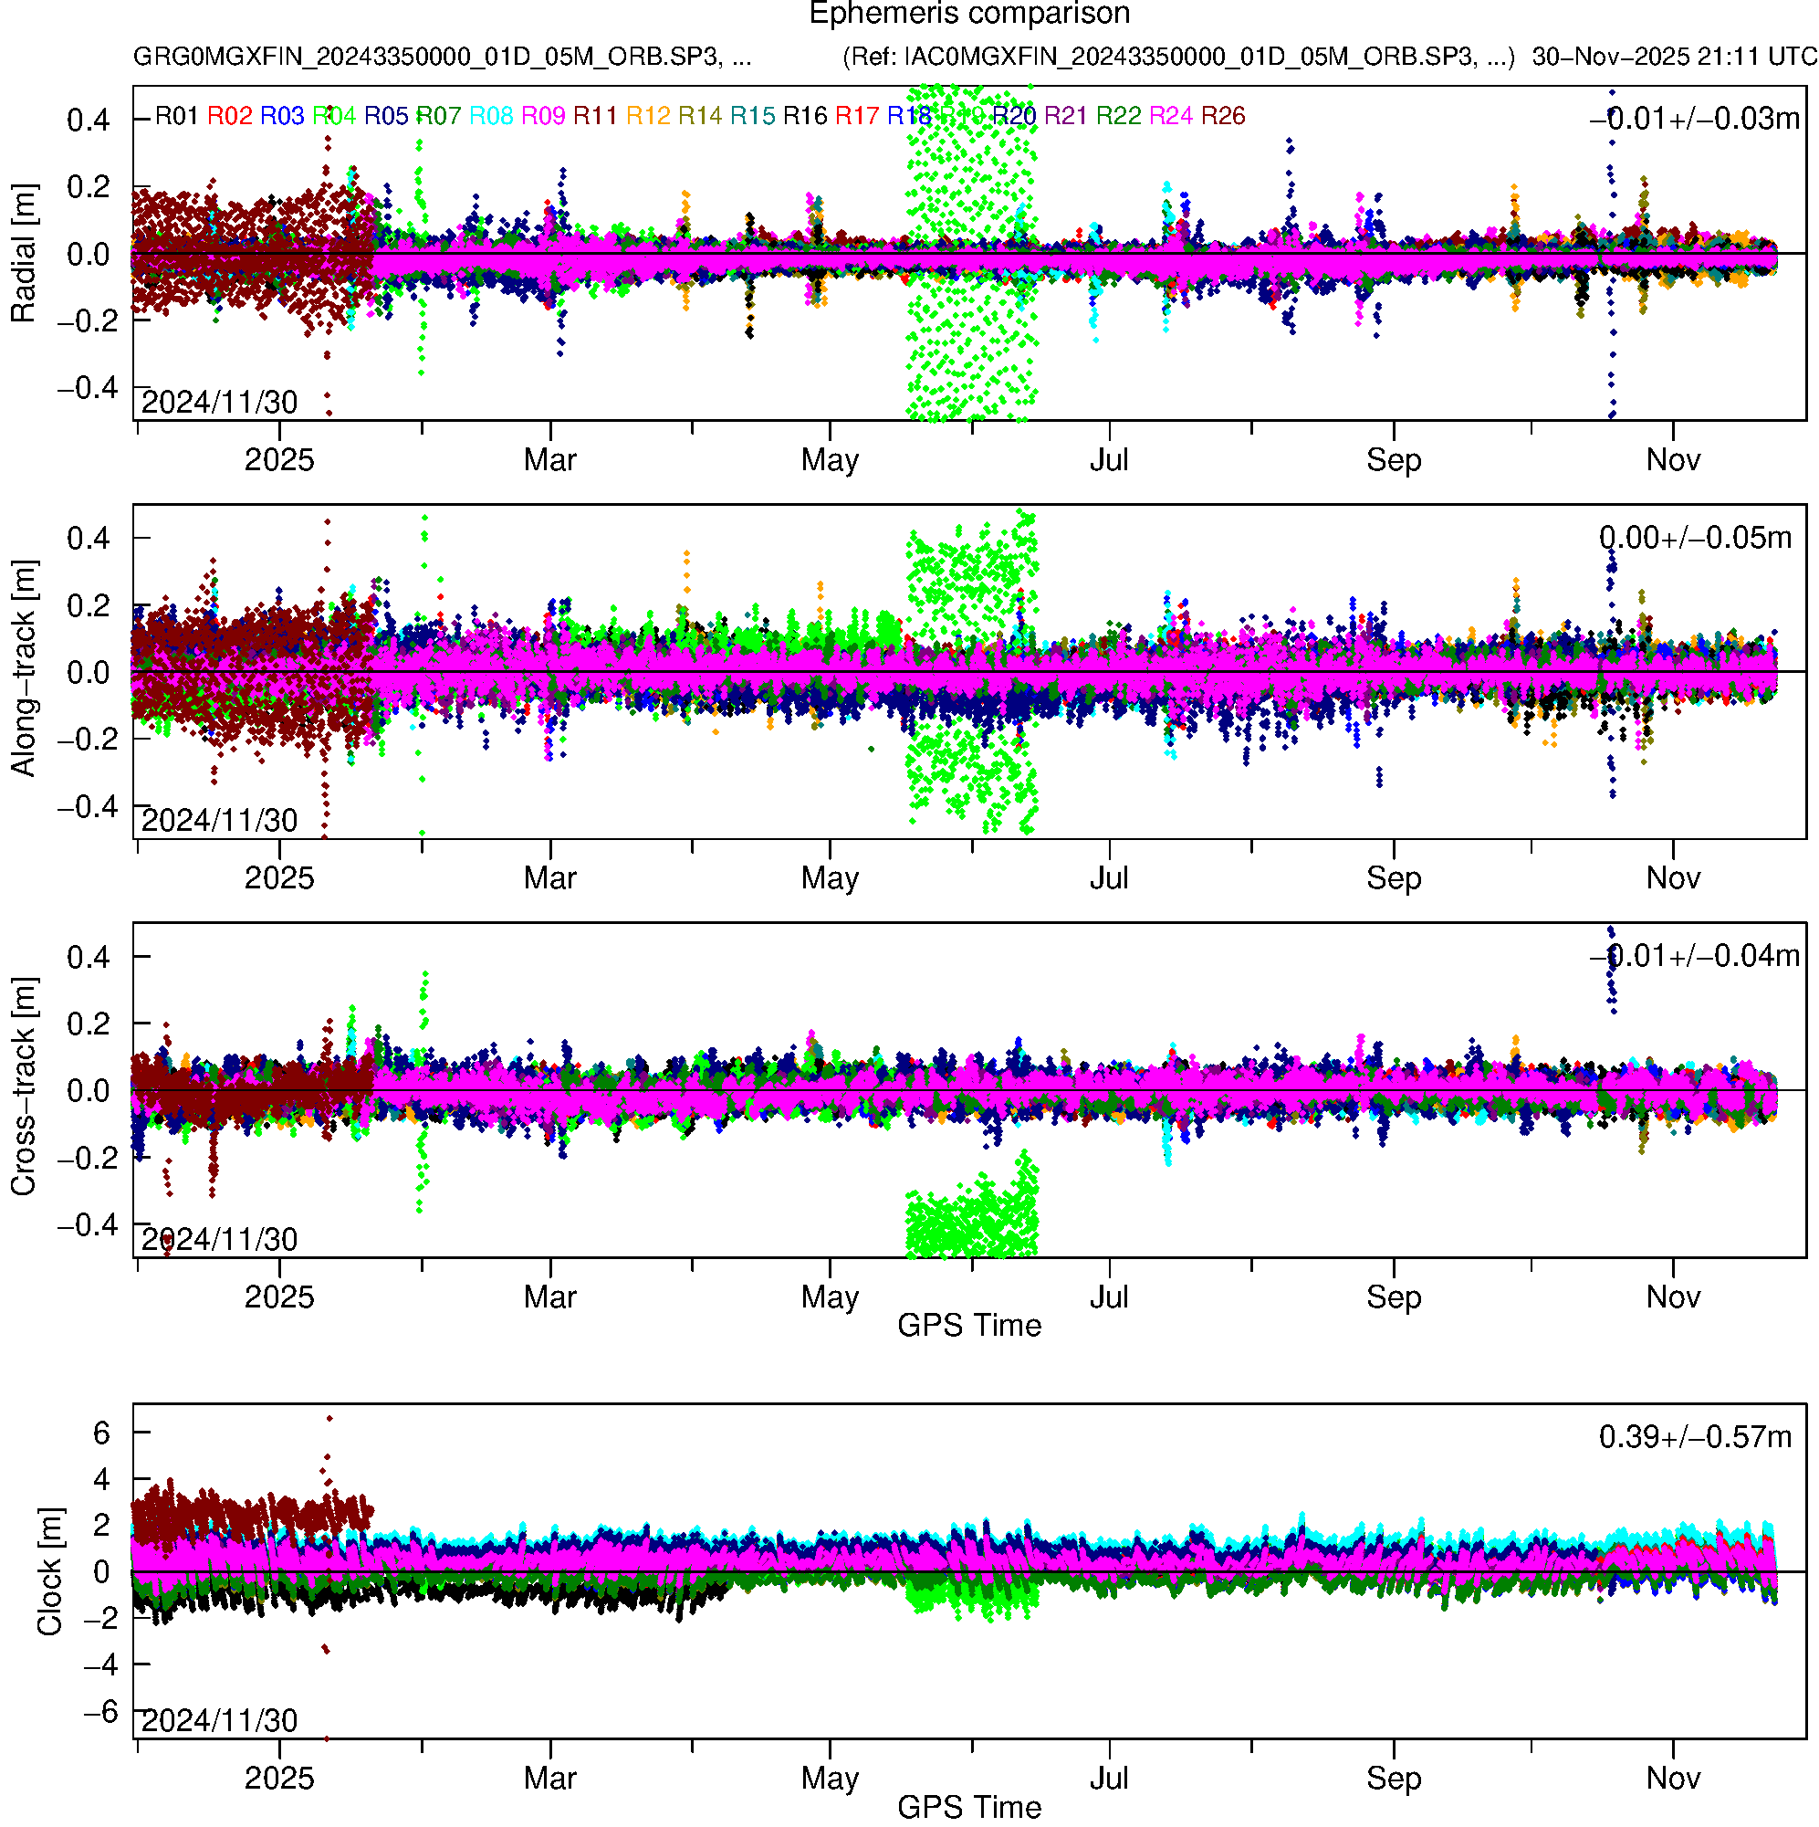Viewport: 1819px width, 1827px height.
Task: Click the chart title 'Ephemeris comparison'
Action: coord(969,15)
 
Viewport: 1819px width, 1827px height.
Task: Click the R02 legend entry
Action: coord(230,116)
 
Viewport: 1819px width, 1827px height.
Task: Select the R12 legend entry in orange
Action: coord(648,116)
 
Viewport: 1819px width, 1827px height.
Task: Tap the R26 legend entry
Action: coord(1222,116)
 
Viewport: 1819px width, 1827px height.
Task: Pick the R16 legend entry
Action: coord(805,116)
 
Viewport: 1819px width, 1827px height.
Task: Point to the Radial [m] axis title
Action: coord(24,254)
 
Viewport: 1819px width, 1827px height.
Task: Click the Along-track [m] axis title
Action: coord(24,668)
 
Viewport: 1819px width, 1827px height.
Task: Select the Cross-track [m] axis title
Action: coord(24,1087)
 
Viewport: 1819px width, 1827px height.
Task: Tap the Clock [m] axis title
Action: coord(49,1570)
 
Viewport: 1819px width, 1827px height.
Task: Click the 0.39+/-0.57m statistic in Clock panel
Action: coord(1694,1437)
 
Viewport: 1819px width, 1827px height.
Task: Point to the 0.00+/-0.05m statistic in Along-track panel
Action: coord(1694,538)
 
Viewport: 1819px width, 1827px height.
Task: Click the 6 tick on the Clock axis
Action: coord(101,1433)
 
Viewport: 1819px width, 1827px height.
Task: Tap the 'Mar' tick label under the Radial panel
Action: coord(550,460)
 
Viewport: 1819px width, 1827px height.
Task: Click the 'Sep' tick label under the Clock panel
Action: coord(1393,1779)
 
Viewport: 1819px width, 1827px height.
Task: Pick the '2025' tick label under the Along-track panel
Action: coord(279,878)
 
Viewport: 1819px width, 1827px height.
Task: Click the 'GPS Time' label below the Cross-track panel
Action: coord(969,1326)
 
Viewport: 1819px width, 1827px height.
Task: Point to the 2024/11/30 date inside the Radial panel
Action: coord(219,403)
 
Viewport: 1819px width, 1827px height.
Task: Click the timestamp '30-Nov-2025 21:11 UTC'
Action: coord(1673,57)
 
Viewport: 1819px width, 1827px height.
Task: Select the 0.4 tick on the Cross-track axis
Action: coord(88,957)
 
